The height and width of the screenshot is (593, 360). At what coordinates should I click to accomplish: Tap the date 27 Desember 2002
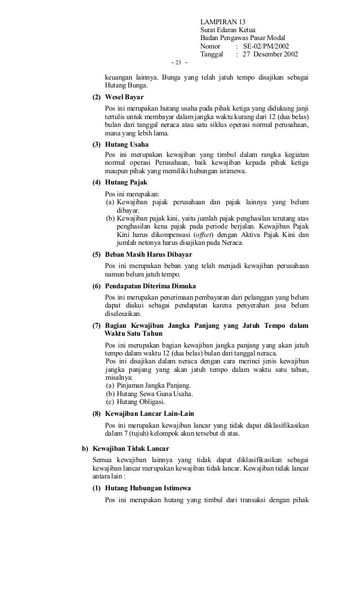tap(270, 54)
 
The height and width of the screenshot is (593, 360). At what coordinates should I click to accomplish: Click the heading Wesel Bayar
tap(125, 98)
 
